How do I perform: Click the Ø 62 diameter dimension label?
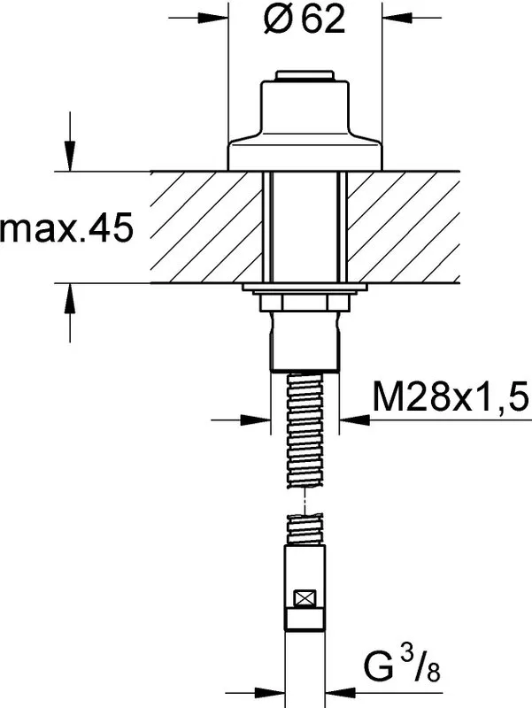click(305, 19)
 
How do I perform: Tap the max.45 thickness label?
click(67, 227)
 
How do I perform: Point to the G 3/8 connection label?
click(402, 663)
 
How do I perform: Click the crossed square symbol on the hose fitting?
click(305, 599)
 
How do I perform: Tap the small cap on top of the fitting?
click(305, 76)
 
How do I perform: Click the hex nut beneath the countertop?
click(305, 302)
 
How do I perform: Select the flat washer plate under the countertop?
click(305, 288)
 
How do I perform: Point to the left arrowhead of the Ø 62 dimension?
click(212, 18)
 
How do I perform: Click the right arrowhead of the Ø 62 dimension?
click(397, 18)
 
